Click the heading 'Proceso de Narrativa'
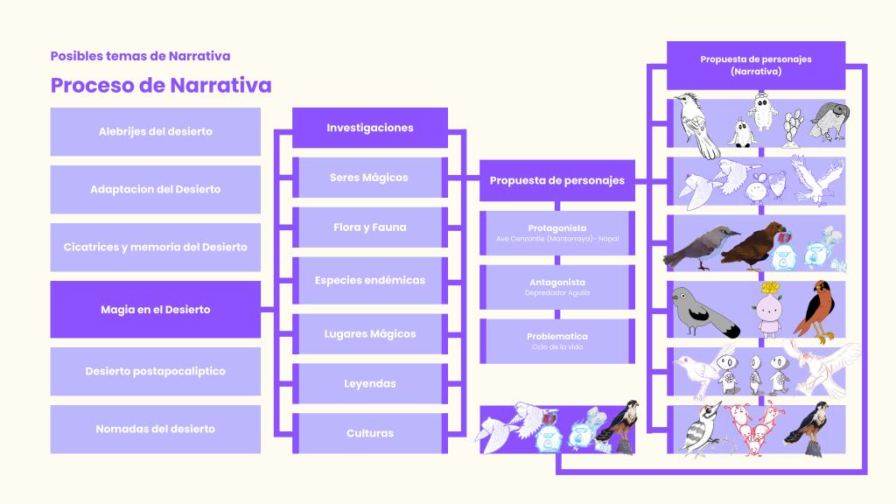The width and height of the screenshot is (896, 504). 161,85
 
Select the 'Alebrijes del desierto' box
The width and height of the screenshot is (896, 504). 156,131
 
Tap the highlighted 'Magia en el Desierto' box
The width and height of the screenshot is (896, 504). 156,309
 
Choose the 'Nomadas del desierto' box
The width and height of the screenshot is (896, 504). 156,429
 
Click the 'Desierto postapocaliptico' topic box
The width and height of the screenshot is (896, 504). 156,371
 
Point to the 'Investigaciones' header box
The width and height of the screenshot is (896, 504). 369,128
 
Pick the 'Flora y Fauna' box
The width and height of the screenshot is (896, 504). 369,227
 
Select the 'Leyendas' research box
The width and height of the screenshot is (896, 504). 369,383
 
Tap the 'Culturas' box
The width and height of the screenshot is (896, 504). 369,432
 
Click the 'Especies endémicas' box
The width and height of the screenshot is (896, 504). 369,280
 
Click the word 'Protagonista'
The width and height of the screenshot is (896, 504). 557,228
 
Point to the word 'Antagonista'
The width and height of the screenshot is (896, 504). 557,283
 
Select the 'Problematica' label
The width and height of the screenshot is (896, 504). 557,337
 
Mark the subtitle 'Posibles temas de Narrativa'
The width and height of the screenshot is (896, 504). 140,56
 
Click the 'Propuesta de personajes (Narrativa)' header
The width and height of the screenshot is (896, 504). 756,65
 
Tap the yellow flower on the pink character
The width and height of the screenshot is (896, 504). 770,288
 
